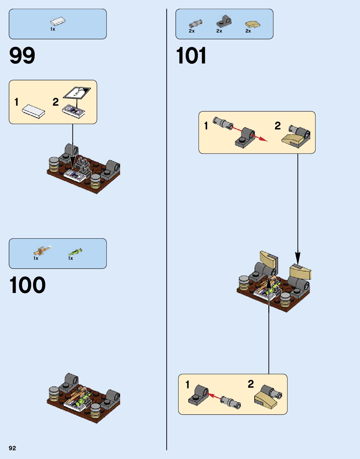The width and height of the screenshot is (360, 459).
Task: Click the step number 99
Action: (22, 56)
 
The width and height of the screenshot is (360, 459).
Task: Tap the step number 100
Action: (28, 285)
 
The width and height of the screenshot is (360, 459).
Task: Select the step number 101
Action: (191, 56)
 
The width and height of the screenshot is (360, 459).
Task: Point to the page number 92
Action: (12, 448)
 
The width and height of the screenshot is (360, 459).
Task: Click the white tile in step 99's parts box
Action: (58, 22)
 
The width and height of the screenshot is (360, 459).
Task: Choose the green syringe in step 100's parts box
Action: (75, 252)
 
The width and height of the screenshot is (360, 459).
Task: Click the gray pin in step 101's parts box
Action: (195, 24)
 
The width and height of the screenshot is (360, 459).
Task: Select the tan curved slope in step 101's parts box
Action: (252, 24)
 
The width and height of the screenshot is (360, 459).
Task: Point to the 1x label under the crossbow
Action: (36, 258)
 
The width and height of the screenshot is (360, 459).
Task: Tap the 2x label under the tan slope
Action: (248, 31)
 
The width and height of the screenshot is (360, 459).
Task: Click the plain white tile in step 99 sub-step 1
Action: (33, 111)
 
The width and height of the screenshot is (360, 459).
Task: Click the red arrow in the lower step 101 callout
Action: (214, 396)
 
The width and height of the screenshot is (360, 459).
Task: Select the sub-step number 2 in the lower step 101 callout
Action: (251, 384)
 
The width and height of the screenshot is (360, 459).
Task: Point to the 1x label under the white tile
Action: (53, 29)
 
